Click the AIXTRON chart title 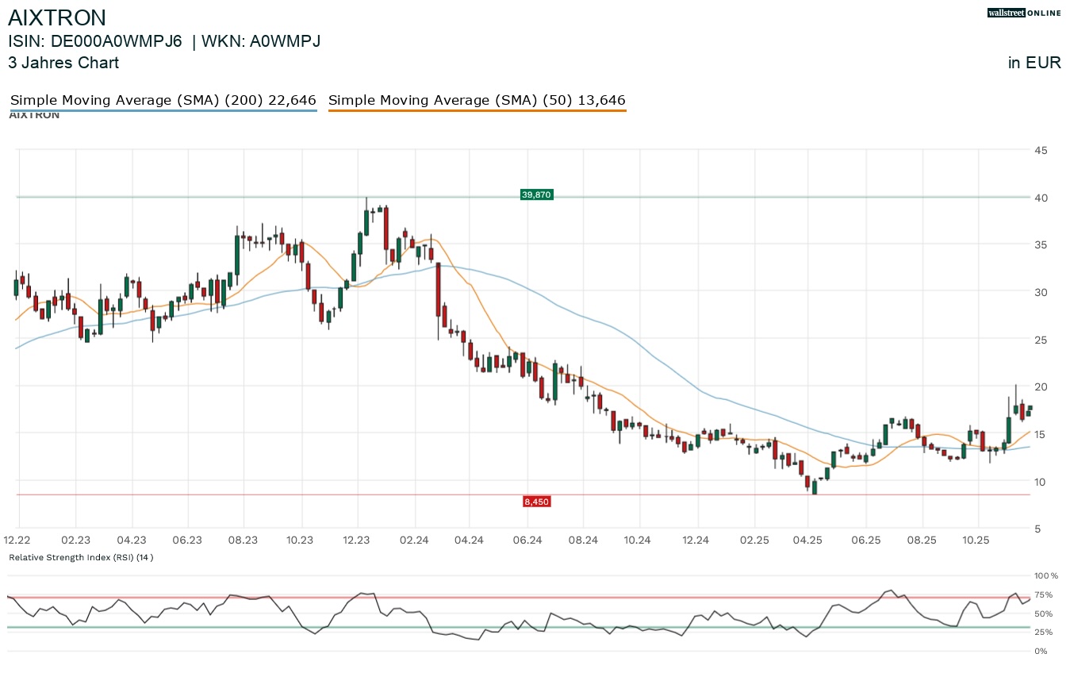click(x=57, y=17)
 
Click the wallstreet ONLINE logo click(x=1023, y=13)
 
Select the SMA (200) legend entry click(x=163, y=101)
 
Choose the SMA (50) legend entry click(x=477, y=101)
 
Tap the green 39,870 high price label click(x=536, y=194)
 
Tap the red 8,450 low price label click(x=536, y=502)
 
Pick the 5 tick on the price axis click(x=1037, y=529)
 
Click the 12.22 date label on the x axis click(x=19, y=540)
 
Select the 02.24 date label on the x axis click(x=413, y=540)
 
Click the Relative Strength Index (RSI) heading click(x=81, y=557)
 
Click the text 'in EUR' click(x=1034, y=63)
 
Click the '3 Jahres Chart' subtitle click(x=63, y=63)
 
